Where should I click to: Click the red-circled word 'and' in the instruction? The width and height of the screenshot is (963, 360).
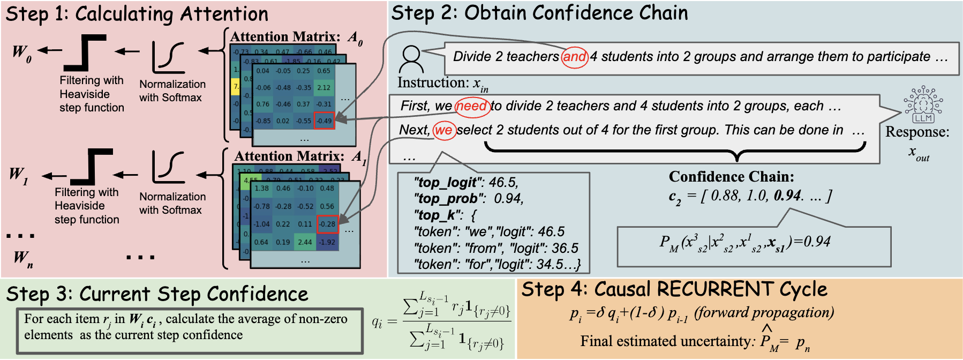575,57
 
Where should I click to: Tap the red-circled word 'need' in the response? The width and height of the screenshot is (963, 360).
472,106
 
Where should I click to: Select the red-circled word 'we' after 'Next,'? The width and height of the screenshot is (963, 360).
444,130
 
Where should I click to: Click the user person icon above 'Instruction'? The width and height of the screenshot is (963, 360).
411,59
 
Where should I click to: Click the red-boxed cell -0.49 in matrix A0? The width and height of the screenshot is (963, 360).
324,121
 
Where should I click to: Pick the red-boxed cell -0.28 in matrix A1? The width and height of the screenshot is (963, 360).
327,224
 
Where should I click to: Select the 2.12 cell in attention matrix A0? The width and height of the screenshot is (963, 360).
324,87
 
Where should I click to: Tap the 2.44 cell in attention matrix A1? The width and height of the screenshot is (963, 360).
305,242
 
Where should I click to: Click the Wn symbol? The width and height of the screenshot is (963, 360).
22,258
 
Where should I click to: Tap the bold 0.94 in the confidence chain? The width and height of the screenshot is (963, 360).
787,196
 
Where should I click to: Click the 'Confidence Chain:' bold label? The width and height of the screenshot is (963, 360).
731,177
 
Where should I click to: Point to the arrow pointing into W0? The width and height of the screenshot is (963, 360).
50,50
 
